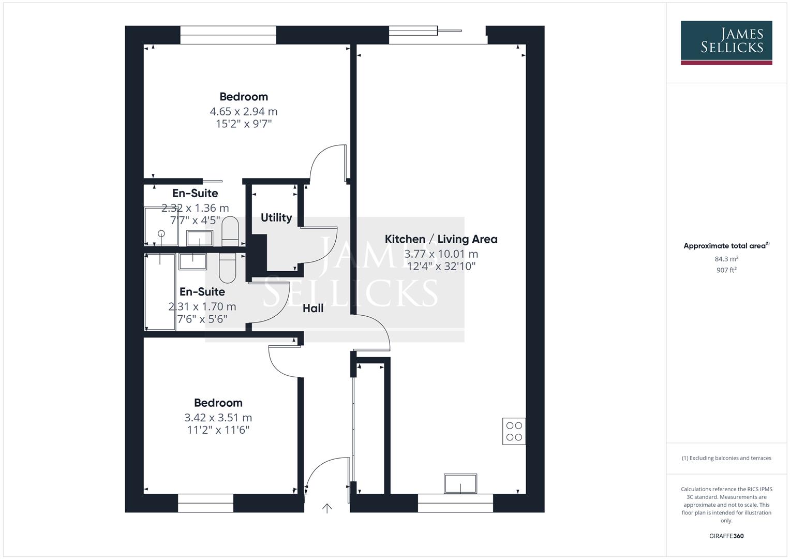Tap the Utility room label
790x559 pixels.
pyautogui.click(x=276, y=217)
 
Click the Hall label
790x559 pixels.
pyautogui.click(x=313, y=308)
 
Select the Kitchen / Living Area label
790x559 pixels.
pyautogui.click(x=441, y=239)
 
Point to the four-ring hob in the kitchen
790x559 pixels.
pyautogui.click(x=514, y=431)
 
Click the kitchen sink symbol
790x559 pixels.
pyautogui.click(x=460, y=483)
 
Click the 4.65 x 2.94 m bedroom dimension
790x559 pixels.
pyautogui.click(x=243, y=111)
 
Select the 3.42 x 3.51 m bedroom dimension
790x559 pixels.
pyautogui.click(x=218, y=418)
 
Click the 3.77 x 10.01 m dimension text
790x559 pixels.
pyautogui.click(x=441, y=254)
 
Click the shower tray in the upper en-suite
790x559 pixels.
pyautogui.click(x=161, y=226)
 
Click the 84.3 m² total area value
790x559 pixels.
pyautogui.click(x=726, y=259)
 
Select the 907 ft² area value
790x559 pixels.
pyautogui.click(x=726, y=270)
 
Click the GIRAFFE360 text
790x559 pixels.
pyautogui.click(x=726, y=536)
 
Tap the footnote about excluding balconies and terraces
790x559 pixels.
pyautogui.click(x=726, y=458)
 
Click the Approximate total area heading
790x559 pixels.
pyautogui.click(x=726, y=246)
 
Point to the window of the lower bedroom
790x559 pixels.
pyautogui.click(x=205, y=503)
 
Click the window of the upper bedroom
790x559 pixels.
pyautogui.click(x=228, y=35)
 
